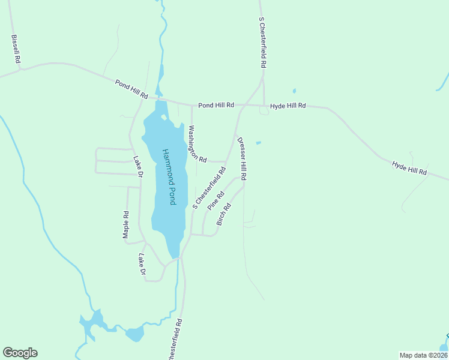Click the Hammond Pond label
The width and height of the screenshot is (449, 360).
click(169, 176)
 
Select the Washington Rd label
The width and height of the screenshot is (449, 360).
click(197, 144)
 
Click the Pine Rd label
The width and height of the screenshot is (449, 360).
click(216, 200)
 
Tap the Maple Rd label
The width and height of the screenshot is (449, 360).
click(126, 224)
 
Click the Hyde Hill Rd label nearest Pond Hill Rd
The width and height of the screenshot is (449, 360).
click(288, 106)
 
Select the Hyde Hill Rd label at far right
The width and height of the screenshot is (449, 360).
click(409, 168)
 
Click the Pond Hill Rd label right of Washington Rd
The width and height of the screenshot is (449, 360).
click(216, 105)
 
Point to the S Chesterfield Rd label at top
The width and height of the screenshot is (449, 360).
click(263, 43)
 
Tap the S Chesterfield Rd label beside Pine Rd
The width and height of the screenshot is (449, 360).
click(209, 187)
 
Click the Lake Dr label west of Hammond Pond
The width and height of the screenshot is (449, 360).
click(138, 166)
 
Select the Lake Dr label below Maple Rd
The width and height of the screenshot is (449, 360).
click(142, 264)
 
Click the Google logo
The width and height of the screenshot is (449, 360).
click(20, 353)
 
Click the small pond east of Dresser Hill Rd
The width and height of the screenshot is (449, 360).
click(258, 143)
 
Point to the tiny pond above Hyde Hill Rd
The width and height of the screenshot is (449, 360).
click(294, 91)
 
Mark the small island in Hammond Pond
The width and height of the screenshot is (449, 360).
click(164, 117)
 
